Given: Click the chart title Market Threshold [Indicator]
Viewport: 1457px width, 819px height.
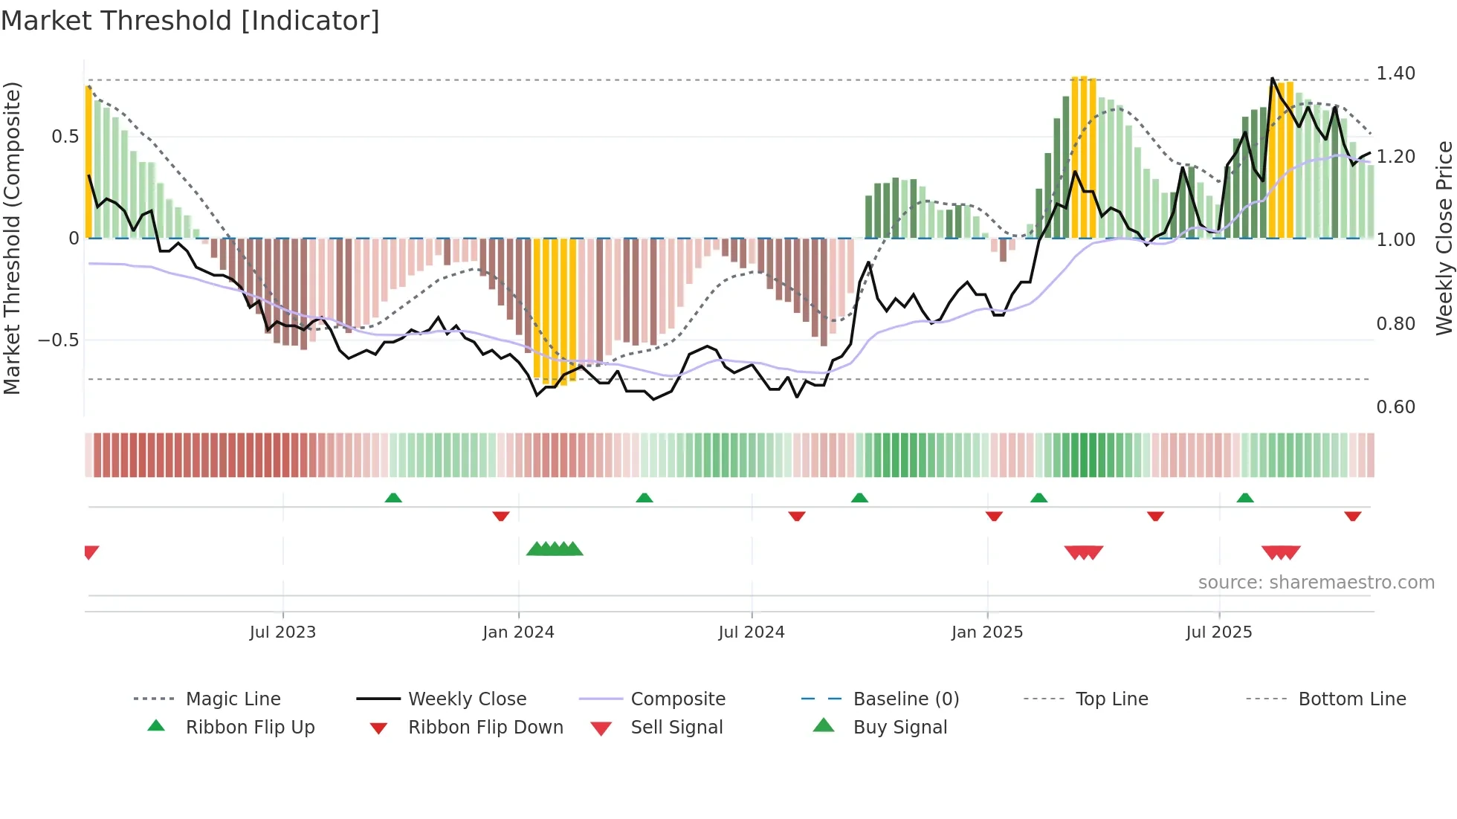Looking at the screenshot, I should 190,21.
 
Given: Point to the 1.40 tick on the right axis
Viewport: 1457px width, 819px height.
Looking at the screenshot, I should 1395,74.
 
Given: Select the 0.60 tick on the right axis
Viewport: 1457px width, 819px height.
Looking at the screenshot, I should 1395,407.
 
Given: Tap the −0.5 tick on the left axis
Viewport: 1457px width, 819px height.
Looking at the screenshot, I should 59,340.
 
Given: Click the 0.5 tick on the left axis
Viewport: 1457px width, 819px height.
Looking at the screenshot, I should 65,137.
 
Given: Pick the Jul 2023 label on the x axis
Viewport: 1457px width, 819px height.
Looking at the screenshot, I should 282,632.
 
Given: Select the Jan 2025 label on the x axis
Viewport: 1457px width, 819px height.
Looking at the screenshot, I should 987,632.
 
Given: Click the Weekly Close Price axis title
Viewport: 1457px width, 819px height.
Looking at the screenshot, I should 1444,238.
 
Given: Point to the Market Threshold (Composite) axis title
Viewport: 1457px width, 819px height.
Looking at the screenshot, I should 12,238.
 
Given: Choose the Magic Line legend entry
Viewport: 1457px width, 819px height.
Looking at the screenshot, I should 233,699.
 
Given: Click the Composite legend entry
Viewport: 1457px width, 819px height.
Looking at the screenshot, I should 677,699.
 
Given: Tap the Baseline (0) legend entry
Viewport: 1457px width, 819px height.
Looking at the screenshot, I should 905,699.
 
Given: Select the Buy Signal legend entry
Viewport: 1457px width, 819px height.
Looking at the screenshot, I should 899,728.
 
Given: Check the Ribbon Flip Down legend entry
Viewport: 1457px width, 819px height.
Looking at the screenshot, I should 485,728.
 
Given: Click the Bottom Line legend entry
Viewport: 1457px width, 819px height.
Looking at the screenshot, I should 1351,699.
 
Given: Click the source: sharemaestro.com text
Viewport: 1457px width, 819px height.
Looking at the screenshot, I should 1316,583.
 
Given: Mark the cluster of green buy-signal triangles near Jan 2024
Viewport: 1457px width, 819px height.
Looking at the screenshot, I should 555,549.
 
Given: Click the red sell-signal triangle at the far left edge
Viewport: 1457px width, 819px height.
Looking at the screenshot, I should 91,551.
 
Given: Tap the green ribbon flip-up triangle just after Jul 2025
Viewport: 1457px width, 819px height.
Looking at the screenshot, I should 1245,498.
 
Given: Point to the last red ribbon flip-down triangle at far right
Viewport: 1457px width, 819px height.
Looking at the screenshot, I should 1352,516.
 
